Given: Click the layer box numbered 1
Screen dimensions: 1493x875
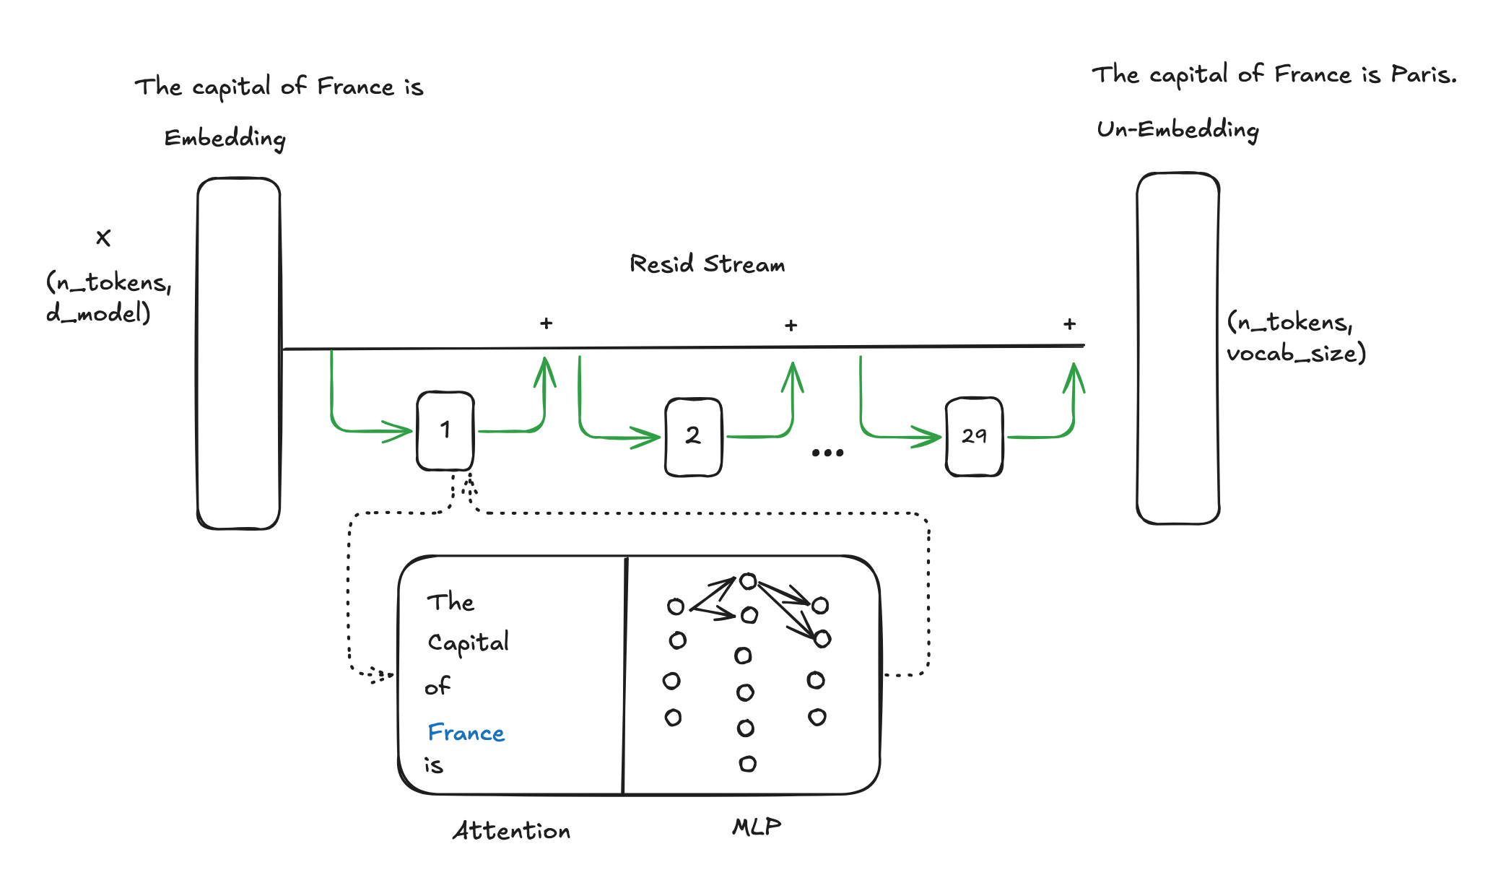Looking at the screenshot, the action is coord(445,431).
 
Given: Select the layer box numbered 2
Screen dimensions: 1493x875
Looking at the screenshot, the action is coord(693,437).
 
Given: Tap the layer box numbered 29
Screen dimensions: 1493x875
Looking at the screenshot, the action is coord(974,436).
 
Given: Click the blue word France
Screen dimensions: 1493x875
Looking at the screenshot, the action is coord(466,733).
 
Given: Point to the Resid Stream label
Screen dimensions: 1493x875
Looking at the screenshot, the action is coord(708,264).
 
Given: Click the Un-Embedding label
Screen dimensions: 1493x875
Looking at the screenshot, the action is coord(1178,130).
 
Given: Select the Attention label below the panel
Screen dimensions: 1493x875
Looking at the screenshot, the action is coord(511,831).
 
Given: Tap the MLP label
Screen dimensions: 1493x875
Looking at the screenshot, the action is coord(757,827).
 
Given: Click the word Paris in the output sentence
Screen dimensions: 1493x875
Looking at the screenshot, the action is coord(1423,74).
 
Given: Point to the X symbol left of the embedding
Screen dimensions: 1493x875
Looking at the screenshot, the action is coord(103,238).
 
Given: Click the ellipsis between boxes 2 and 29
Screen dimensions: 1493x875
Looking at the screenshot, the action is coord(827,453).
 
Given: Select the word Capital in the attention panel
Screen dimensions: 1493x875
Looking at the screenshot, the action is coord(468,642).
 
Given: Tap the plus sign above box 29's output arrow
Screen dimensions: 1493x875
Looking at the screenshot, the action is coord(1070,324).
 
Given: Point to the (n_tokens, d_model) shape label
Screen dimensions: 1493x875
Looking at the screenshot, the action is coord(108,297).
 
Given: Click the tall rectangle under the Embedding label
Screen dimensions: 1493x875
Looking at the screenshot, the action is coord(239,354).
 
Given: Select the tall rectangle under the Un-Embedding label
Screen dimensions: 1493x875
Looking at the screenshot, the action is coord(1178,348).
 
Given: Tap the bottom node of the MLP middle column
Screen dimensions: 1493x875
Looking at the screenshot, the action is coord(748,764).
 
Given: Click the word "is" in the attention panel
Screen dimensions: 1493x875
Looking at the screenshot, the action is coord(433,765).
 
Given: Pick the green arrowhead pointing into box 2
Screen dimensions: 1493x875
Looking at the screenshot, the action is coord(645,437).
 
